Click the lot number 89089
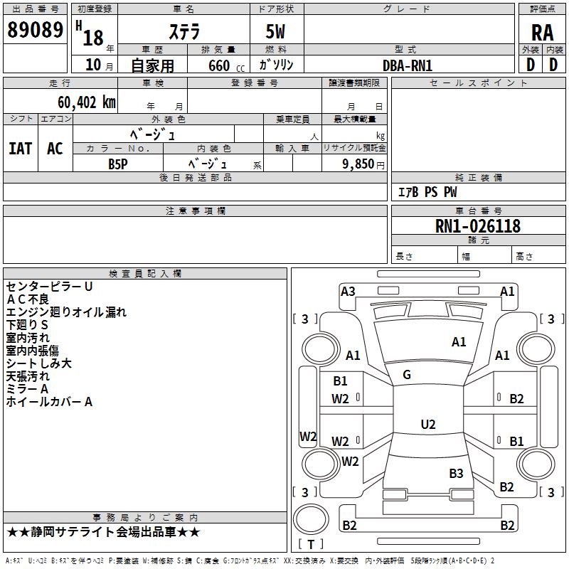point(34,31)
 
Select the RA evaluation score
point(542,32)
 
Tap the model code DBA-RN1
point(408,65)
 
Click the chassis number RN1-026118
point(478,226)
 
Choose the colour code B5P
point(118,164)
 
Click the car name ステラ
point(184,32)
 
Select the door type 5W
point(275,32)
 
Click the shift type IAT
point(20,149)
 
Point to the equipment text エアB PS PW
point(427,192)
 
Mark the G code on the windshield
point(407,375)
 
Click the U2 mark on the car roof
point(427,425)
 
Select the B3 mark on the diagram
point(456,473)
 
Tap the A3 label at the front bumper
point(348,291)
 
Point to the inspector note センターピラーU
point(49,287)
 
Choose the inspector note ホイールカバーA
point(49,402)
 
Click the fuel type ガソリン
point(277,65)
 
